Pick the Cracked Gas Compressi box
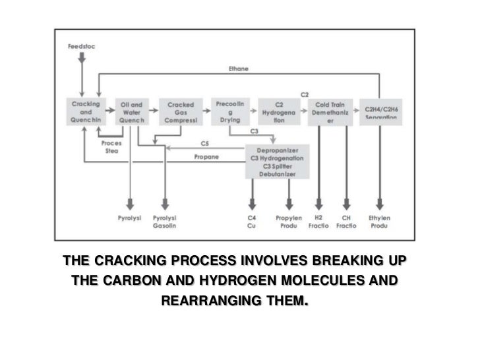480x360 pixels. click(179, 111)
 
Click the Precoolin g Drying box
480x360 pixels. click(229, 111)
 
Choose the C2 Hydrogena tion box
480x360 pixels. click(279, 111)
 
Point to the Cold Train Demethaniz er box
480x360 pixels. click(331, 111)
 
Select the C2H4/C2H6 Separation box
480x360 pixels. click(380, 111)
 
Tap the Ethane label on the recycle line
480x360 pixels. click(238, 69)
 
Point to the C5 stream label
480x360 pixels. click(204, 143)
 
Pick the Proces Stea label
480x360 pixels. click(111, 146)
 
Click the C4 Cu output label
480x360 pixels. click(252, 222)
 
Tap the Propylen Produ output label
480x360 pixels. click(289, 222)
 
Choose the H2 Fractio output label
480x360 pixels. click(319, 222)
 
